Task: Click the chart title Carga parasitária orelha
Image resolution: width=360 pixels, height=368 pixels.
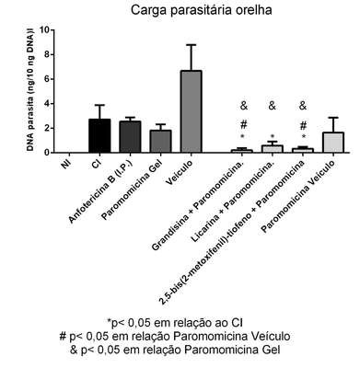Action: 201,10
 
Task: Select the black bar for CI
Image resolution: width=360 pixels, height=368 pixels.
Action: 99,136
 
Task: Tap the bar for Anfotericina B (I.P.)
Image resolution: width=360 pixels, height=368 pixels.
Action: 130,137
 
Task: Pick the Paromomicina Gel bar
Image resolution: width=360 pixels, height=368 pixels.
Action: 160,142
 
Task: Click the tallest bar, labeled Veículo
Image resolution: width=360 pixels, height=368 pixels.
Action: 191,111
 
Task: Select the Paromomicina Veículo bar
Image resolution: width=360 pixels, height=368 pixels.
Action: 332,143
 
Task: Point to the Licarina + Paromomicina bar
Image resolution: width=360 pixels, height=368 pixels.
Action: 273,149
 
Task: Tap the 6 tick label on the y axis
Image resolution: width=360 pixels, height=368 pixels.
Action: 46,79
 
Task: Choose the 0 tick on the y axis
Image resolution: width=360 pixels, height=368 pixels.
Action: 46,153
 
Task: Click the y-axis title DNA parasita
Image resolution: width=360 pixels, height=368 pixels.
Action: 30,91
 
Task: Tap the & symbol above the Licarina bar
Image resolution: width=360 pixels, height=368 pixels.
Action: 273,106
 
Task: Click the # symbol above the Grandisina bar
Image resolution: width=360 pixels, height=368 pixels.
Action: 244,124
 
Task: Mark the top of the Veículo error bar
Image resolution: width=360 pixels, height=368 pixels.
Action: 191,45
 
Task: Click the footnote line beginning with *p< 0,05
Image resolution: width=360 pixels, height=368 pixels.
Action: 175,323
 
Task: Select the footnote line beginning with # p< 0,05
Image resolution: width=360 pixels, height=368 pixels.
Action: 175,337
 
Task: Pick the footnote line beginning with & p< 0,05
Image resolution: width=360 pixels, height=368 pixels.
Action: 175,350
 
